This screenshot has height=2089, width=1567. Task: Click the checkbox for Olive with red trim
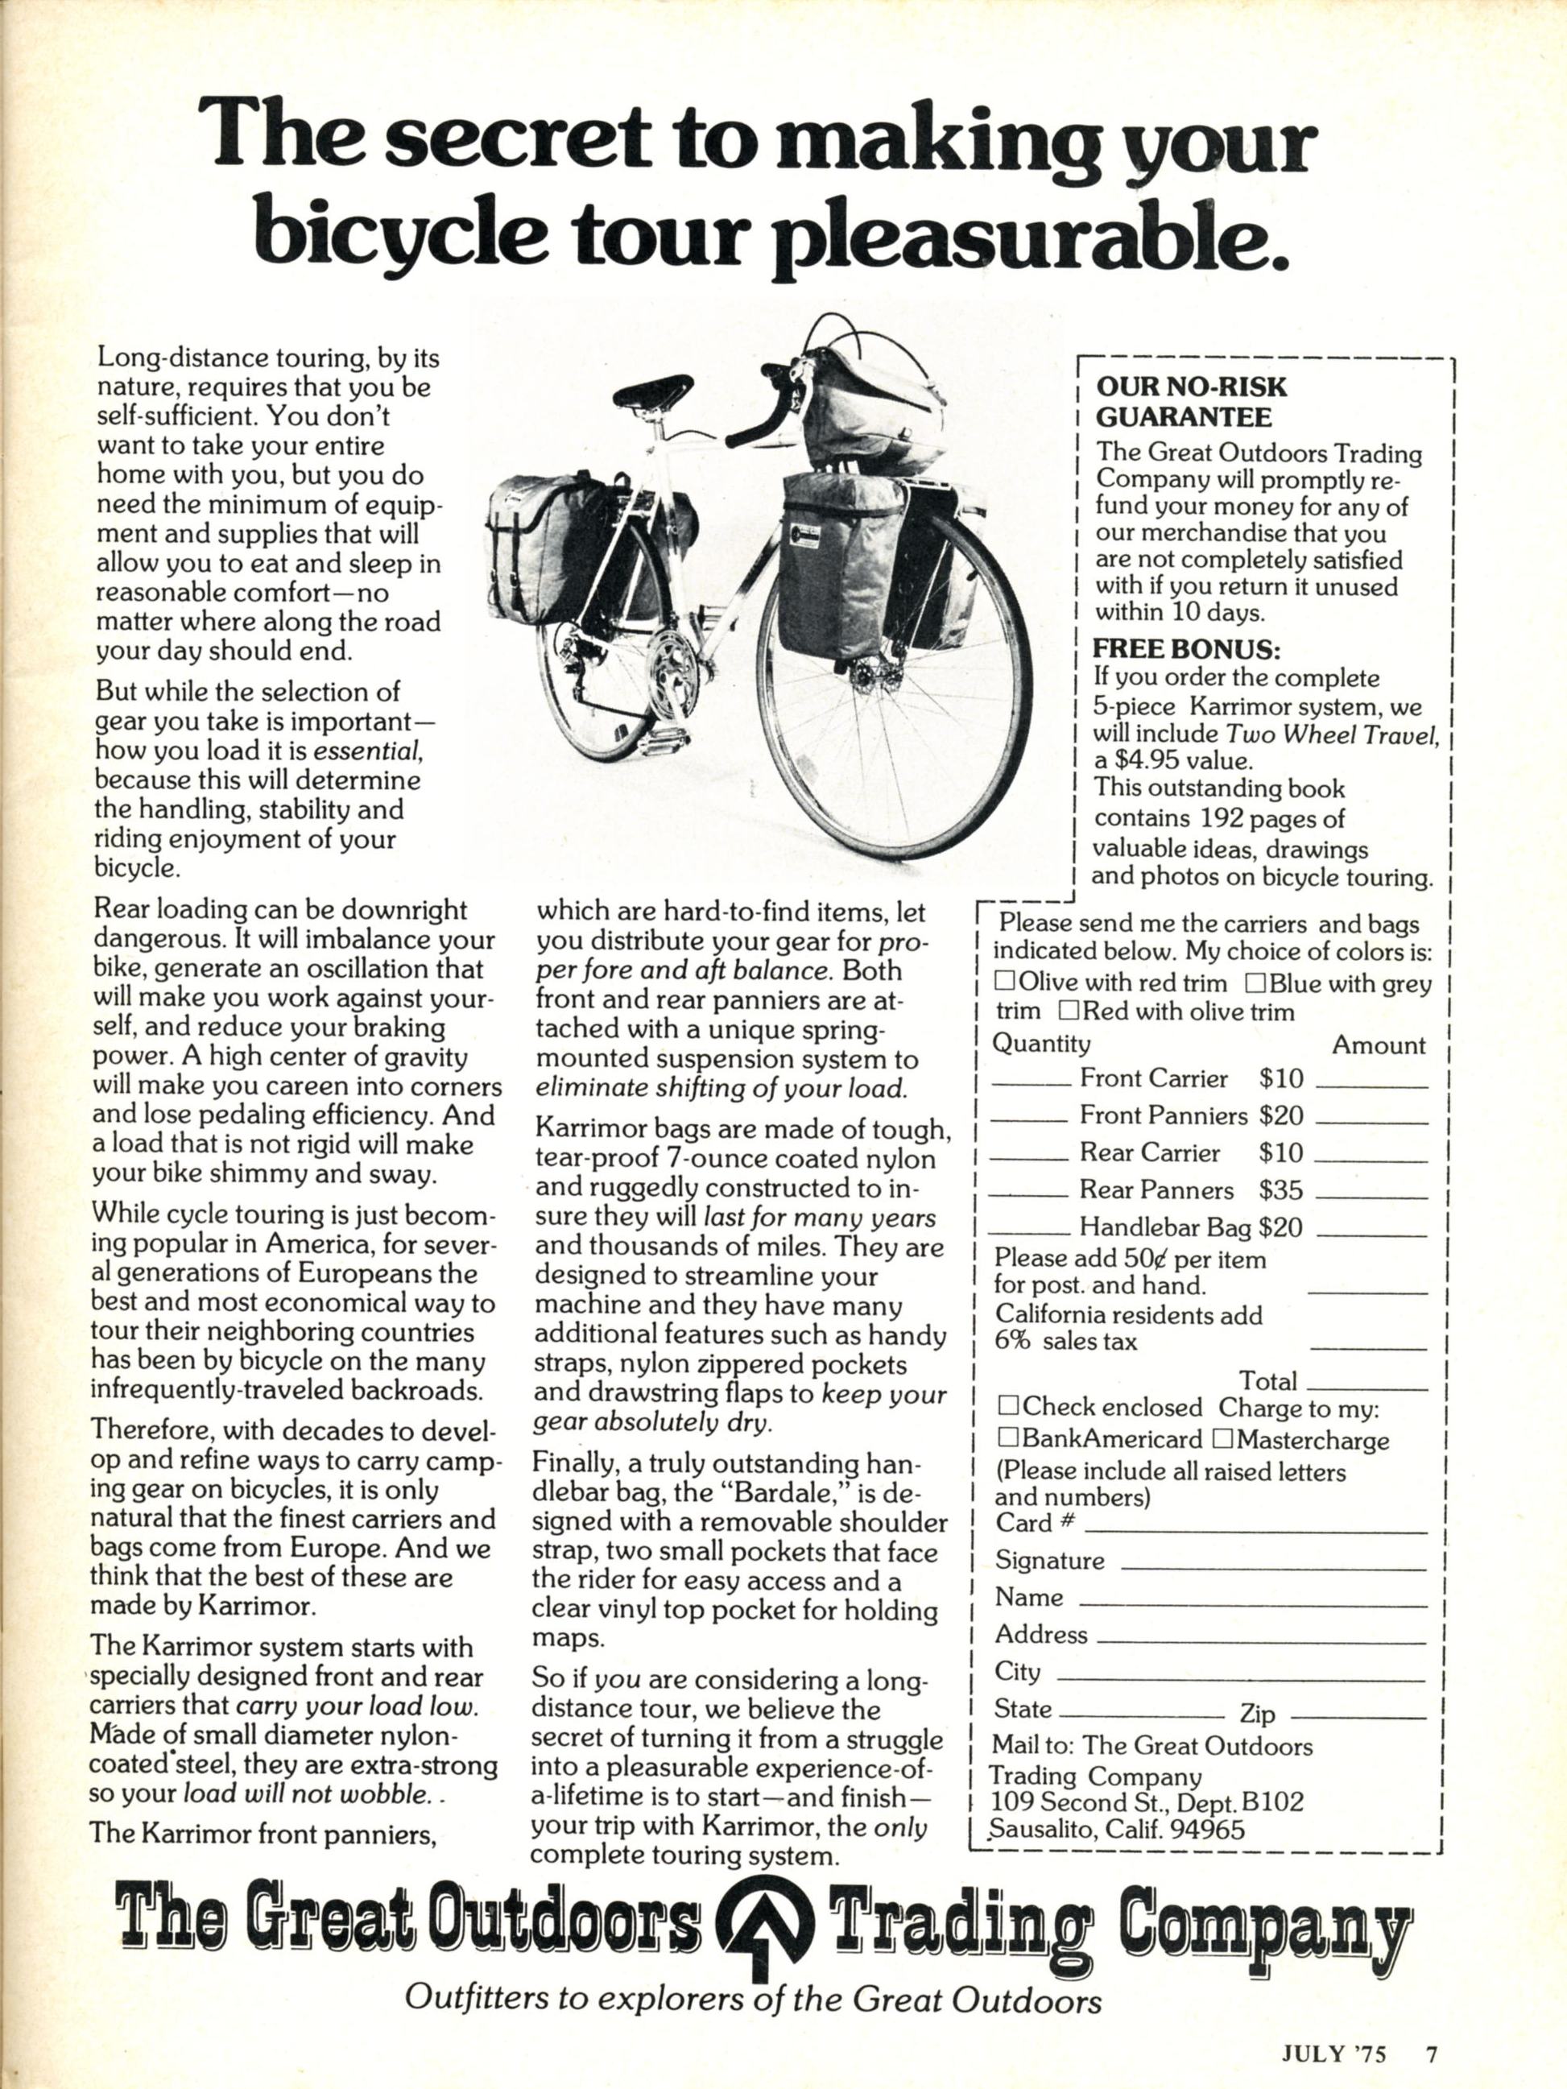tap(1003, 982)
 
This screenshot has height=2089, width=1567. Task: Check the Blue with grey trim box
tap(1255, 983)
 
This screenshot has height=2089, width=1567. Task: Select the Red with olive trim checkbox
tap(1069, 1011)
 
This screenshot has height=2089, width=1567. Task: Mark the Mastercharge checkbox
tap(1222, 1439)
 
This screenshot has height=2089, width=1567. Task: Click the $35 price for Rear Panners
tap(1281, 1190)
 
